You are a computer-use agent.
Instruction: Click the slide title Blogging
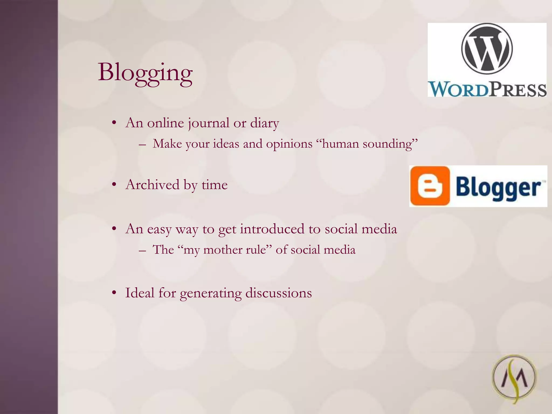coord(145,72)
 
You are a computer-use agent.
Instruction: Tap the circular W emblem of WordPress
coord(487,49)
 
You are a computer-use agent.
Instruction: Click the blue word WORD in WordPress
coord(458,89)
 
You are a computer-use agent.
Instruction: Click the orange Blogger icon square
coord(430,186)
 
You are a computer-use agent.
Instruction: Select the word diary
coord(264,123)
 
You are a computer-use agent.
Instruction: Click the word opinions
coord(289,144)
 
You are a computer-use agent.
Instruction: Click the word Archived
coord(152,185)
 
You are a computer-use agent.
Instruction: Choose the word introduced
coord(272,229)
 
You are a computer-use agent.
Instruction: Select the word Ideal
coord(140,293)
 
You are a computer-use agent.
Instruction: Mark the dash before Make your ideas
coord(142,144)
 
